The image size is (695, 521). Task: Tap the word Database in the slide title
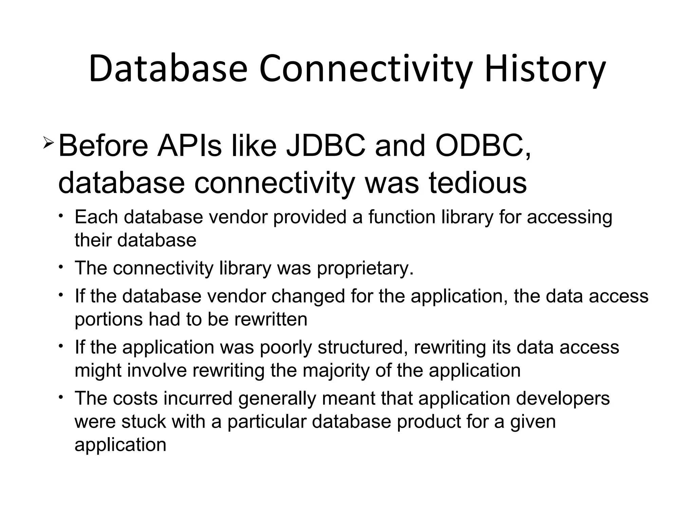pos(168,69)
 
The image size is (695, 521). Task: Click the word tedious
pos(478,183)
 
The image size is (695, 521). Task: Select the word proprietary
pos(365,268)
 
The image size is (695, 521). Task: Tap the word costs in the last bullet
pos(135,398)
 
